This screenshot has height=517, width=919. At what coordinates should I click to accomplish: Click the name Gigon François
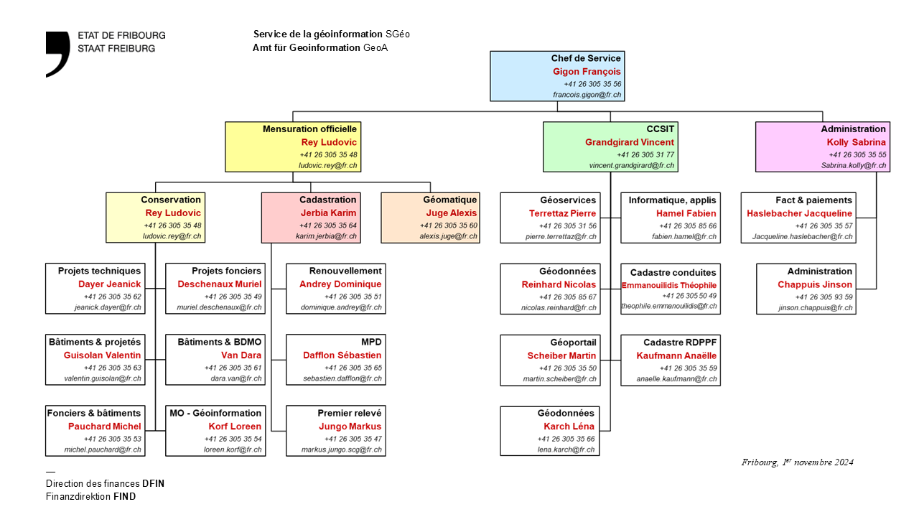(x=587, y=72)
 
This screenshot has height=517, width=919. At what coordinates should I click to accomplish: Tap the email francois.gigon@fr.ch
(x=587, y=95)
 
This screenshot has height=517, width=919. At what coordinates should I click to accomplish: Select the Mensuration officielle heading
(x=309, y=129)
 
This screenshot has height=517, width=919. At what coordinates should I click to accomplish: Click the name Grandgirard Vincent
(x=630, y=142)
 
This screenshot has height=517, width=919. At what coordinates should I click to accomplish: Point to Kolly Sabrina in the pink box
(x=857, y=142)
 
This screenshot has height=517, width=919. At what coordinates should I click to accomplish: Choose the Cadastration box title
(x=327, y=200)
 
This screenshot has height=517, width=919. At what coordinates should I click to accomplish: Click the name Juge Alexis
(x=452, y=213)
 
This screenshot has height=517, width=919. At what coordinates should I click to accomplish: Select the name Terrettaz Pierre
(x=562, y=213)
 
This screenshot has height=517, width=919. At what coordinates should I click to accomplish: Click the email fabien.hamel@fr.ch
(x=684, y=236)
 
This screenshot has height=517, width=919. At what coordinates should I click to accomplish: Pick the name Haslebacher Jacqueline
(x=799, y=213)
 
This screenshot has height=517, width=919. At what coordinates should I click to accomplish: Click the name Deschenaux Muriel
(x=220, y=284)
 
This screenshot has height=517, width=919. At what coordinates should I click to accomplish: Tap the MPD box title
(x=371, y=342)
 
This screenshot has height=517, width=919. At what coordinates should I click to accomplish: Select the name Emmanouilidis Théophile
(x=669, y=285)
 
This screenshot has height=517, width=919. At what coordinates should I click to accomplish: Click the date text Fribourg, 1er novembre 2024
(x=797, y=462)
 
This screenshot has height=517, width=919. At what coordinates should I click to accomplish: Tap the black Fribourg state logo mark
(x=58, y=54)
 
